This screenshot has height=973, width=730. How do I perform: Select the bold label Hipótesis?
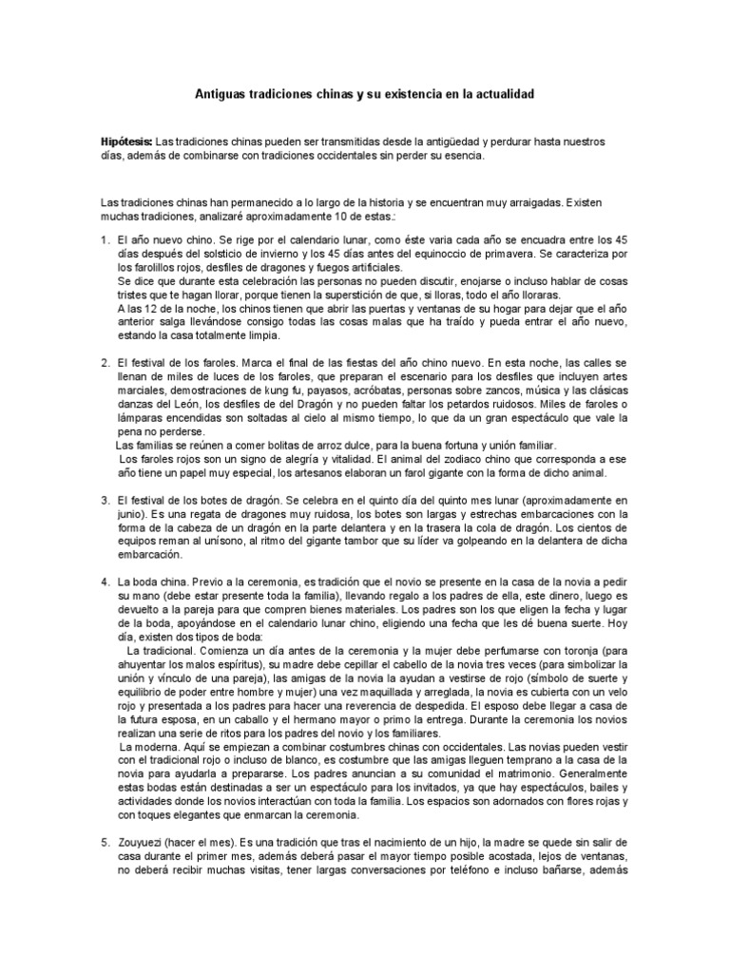[126, 142]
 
